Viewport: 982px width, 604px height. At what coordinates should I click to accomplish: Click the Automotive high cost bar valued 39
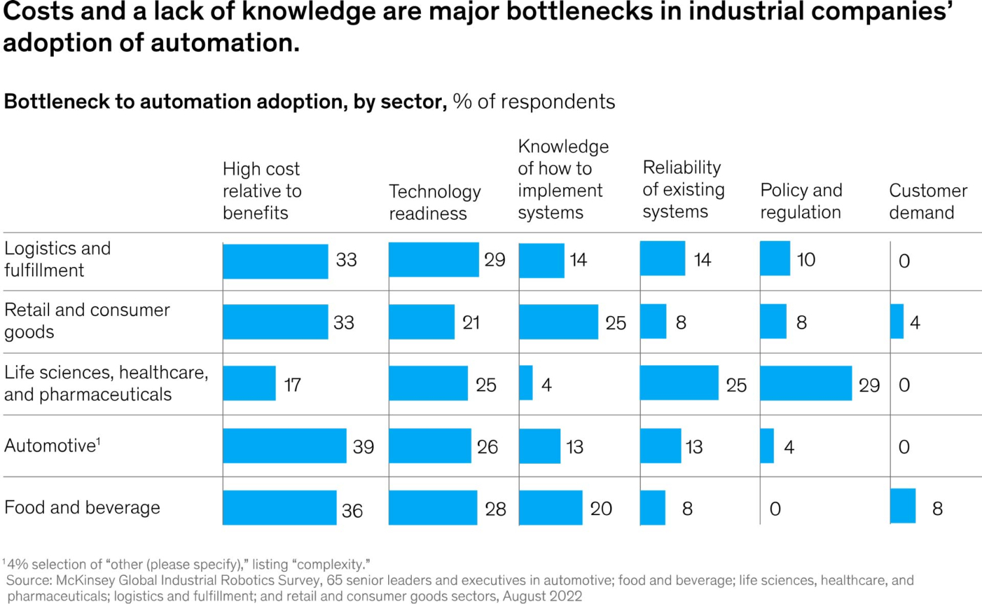tap(284, 446)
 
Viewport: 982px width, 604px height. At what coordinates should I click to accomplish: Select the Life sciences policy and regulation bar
tap(805, 383)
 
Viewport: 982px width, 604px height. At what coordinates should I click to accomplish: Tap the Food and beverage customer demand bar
tap(903, 506)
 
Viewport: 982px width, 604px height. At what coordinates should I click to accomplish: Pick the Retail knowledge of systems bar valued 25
tap(558, 321)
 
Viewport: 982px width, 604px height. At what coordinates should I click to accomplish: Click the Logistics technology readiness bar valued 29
tap(433, 260)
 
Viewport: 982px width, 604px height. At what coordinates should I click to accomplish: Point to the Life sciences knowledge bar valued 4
tap(526, 383)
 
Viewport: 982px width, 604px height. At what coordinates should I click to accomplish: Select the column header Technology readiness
tap(435, 202)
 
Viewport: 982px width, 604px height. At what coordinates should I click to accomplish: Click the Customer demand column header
tap(927, 201)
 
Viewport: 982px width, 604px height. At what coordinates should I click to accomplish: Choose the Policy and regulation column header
tap(801, 201)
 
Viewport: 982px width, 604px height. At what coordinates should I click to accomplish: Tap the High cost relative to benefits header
tap(262, 190)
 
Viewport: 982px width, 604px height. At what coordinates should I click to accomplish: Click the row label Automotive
tap(51, 446)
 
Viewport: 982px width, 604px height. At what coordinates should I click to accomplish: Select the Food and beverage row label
tap(82, 508)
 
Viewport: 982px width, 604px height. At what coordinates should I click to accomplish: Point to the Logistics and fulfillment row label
tap(57, 259)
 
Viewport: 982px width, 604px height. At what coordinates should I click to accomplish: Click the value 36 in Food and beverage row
tap(352, 510)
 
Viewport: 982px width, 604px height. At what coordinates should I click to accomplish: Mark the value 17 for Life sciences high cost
tap(292, 385)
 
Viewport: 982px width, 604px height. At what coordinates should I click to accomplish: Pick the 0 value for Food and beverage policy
tap(775, 509)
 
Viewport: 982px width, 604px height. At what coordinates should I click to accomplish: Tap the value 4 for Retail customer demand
tap(915, 323)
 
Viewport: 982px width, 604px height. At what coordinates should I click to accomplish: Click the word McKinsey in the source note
tap(84, 580)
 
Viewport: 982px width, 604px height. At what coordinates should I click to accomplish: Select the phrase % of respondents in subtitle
tap(534, 101)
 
